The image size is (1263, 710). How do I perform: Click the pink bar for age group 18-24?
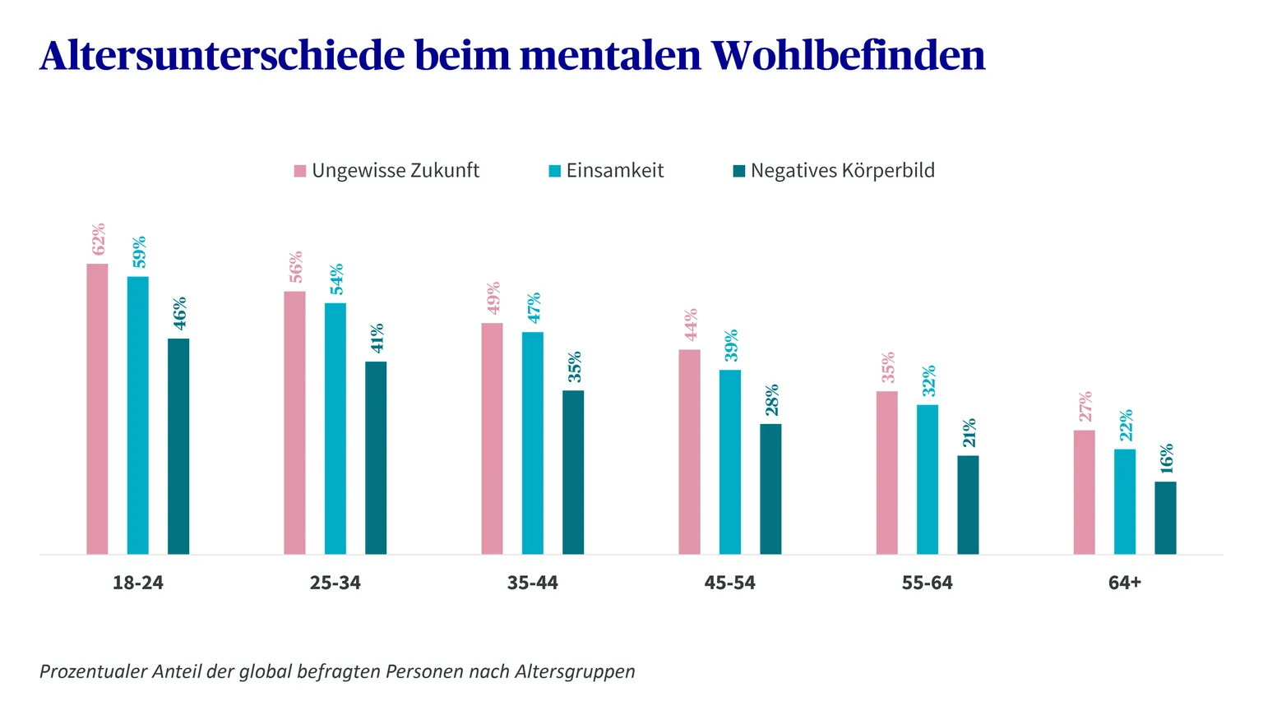coord(97,409)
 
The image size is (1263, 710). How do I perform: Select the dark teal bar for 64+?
coord(1165,518)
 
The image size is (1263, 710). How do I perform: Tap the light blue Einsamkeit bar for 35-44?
coord(533,444)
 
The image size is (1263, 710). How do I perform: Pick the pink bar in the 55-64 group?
coord(887,473)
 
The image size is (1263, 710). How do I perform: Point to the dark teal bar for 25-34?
coord(376,458)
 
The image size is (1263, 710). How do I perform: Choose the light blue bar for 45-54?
coord(730,462)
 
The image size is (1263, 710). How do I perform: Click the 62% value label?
coord(98,239)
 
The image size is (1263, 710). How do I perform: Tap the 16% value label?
coord(1167,459)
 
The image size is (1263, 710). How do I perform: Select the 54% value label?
coord(336,279)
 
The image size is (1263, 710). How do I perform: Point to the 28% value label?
coord(772,400)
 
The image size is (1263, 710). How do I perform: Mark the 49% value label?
coord(493,298)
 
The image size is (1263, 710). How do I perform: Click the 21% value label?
coord(969,433)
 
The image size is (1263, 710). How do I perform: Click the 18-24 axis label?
coord(138,583)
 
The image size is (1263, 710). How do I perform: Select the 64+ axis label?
coord(1125,583)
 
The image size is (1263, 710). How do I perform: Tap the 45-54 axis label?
coord(729,583)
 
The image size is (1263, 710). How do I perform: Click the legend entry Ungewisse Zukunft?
coord(386,171)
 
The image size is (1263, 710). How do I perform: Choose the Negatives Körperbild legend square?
coord(738,171)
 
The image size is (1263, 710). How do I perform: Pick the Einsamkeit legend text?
coord(615,171)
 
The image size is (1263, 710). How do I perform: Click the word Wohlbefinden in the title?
coord(849,55)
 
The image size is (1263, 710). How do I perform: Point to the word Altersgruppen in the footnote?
coord(575,672)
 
